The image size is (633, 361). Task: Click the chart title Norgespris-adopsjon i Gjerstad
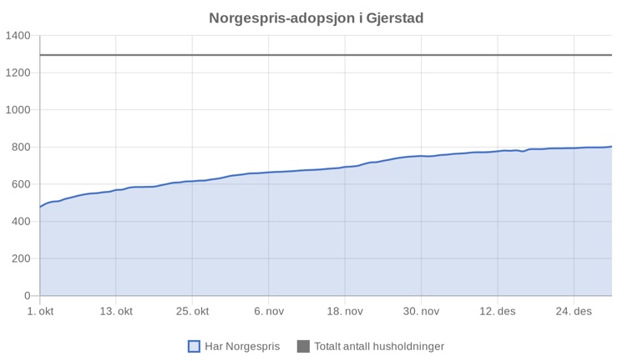point(322,18)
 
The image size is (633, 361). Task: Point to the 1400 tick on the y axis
point(18,36)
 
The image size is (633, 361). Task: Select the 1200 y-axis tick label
point(18,73)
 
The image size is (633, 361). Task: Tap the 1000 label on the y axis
point(18,110)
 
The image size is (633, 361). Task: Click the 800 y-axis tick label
point(21,148)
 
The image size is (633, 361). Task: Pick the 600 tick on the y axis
point(21,184)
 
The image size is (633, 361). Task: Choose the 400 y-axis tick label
point(21,222)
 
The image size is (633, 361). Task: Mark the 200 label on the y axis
point(21,258)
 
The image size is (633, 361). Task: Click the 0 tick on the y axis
point(28,296)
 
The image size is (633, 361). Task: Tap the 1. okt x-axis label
point(40,312)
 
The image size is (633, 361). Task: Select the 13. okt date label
point(116,312)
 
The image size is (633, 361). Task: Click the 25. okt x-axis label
point(192,312)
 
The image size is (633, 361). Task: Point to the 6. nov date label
point(269,312)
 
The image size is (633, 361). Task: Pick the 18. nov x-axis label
point(345,312)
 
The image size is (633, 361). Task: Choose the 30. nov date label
point(421,312)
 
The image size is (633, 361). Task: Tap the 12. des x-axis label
point(498,312)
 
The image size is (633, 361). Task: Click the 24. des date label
point(574,312)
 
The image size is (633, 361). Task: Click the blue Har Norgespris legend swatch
point(194,346)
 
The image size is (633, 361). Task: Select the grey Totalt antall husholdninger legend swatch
point(303,346)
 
